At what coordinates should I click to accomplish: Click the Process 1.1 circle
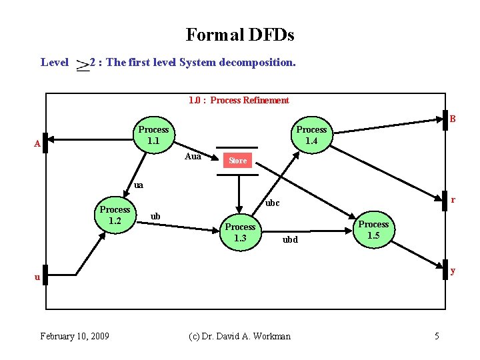pos(153,135)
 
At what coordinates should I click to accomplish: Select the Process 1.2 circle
pos(115,215)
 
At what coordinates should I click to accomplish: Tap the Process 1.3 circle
pos(240,232)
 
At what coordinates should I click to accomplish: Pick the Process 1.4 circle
pos(311,135)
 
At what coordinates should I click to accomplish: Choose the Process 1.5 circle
pos(373,229)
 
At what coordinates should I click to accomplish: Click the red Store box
pos(237,161)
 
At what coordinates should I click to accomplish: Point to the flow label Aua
pos(193,156)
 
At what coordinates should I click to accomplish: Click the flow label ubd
pos(290,239)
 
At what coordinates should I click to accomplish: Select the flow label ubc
pos(272,203)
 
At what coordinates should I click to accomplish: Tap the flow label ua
pos(139,185)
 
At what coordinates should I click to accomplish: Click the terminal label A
pos(38,144)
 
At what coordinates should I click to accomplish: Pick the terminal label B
pos(452,120)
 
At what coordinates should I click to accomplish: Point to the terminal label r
pos(453,199)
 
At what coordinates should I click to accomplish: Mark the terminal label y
pos(453,271)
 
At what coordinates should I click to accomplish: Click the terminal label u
pos(38,276)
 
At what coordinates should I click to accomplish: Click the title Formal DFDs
pos(240,35)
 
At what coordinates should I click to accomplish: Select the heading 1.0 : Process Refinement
pos(239,101)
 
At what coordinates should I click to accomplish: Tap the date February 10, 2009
pos(75,335)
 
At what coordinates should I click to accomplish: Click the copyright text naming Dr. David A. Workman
pos(239,336)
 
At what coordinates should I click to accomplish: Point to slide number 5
pos(437,336)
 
